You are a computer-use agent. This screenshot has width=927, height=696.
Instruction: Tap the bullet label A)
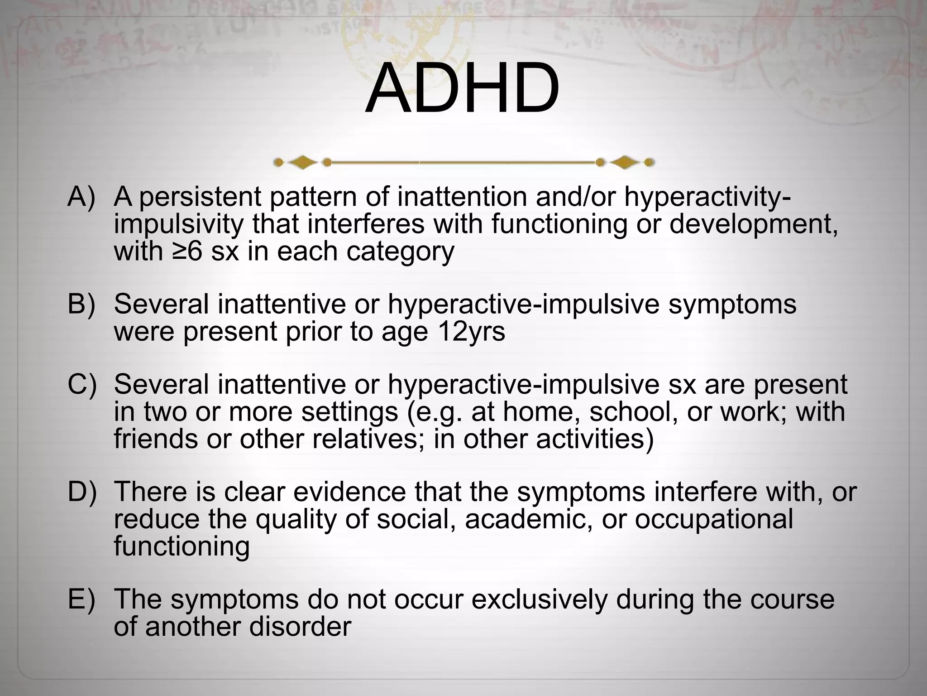[81, 197]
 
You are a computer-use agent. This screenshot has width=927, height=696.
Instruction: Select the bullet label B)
[81, 304]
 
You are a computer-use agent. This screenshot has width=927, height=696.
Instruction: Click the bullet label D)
[82, 491]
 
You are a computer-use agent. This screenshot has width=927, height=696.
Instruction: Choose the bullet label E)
[81, 598]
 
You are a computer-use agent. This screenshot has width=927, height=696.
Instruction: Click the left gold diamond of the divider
[302, 162]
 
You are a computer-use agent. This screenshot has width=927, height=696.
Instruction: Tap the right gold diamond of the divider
[625, 162]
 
